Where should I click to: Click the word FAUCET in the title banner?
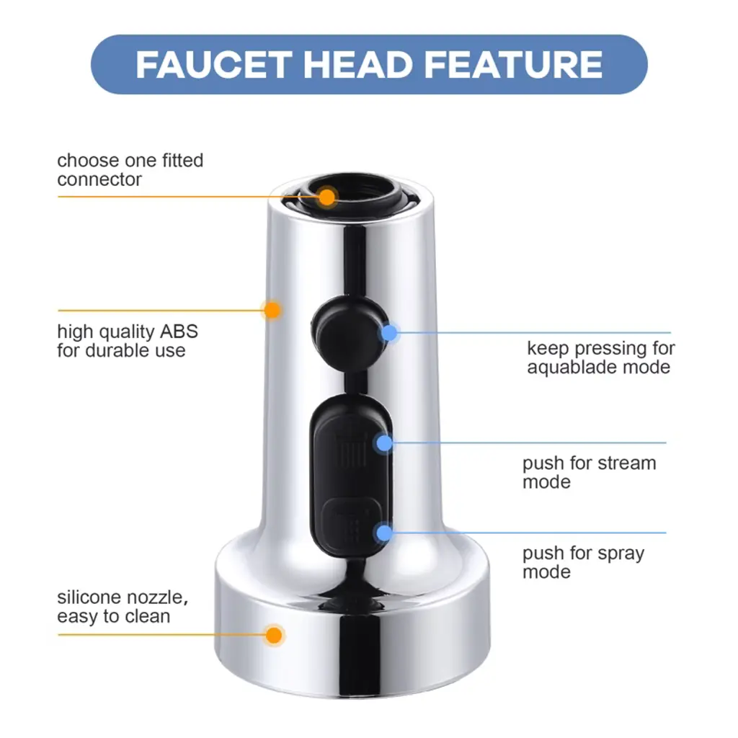(x=213, y=64)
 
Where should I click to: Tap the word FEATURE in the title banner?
(x=513, y=64)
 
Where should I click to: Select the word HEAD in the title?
(x=357, y=64)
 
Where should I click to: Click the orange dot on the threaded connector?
(x=326, y=197)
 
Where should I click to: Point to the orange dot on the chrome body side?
(x=272, y=310)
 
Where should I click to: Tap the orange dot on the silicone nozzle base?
(x=273, y=636)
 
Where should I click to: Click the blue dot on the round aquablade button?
(x=389, y=333)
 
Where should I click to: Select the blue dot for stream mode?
(x=385, y=443)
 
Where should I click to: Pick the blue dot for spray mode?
(x=385, y=533)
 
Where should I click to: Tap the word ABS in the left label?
(x=179, y=332)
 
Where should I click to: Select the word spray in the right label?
(x=614, y=554)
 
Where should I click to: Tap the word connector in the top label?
(x=99, y=179)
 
